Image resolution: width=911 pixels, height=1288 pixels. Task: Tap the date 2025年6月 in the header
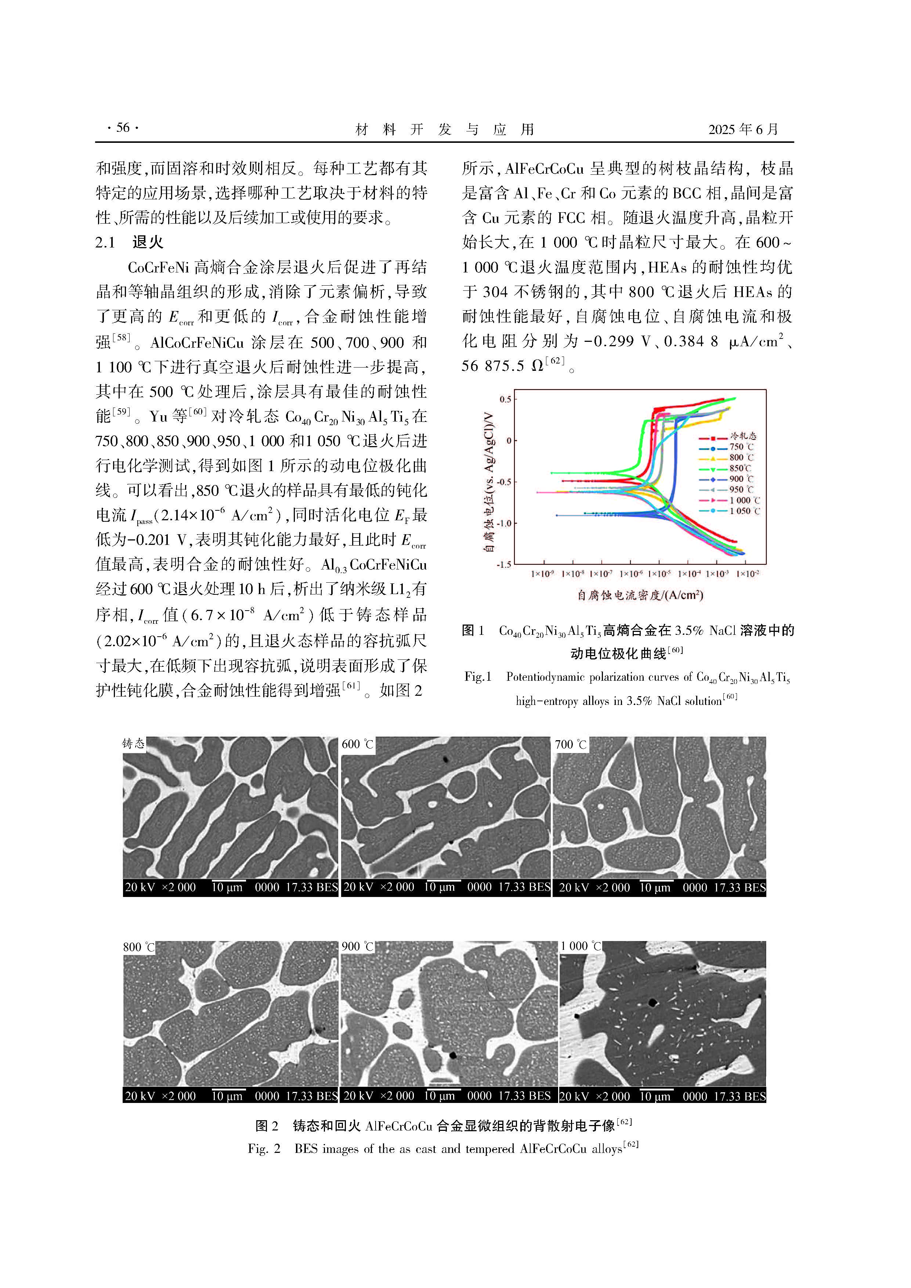pyautogui.click(x=743, y=130)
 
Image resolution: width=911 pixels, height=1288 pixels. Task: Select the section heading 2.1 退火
pyautogui.click(x=130, y=242)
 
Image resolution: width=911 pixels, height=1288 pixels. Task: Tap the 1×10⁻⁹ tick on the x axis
pyautogui.click(x=542, y=574)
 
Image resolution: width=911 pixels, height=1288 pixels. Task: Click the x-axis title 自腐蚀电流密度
pyautogui.click(x=640, y=595)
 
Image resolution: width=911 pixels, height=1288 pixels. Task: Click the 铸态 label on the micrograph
pyautogui.click(x=134, y=744)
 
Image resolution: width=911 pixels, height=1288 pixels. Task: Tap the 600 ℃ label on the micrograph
pyautogui.click(x=357, y=744)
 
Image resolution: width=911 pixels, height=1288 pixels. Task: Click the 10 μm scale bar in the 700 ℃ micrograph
pyautogui.click(x=654, y=887)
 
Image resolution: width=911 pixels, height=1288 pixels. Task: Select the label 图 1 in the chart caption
pyautogui.click(x=473, y=630)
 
